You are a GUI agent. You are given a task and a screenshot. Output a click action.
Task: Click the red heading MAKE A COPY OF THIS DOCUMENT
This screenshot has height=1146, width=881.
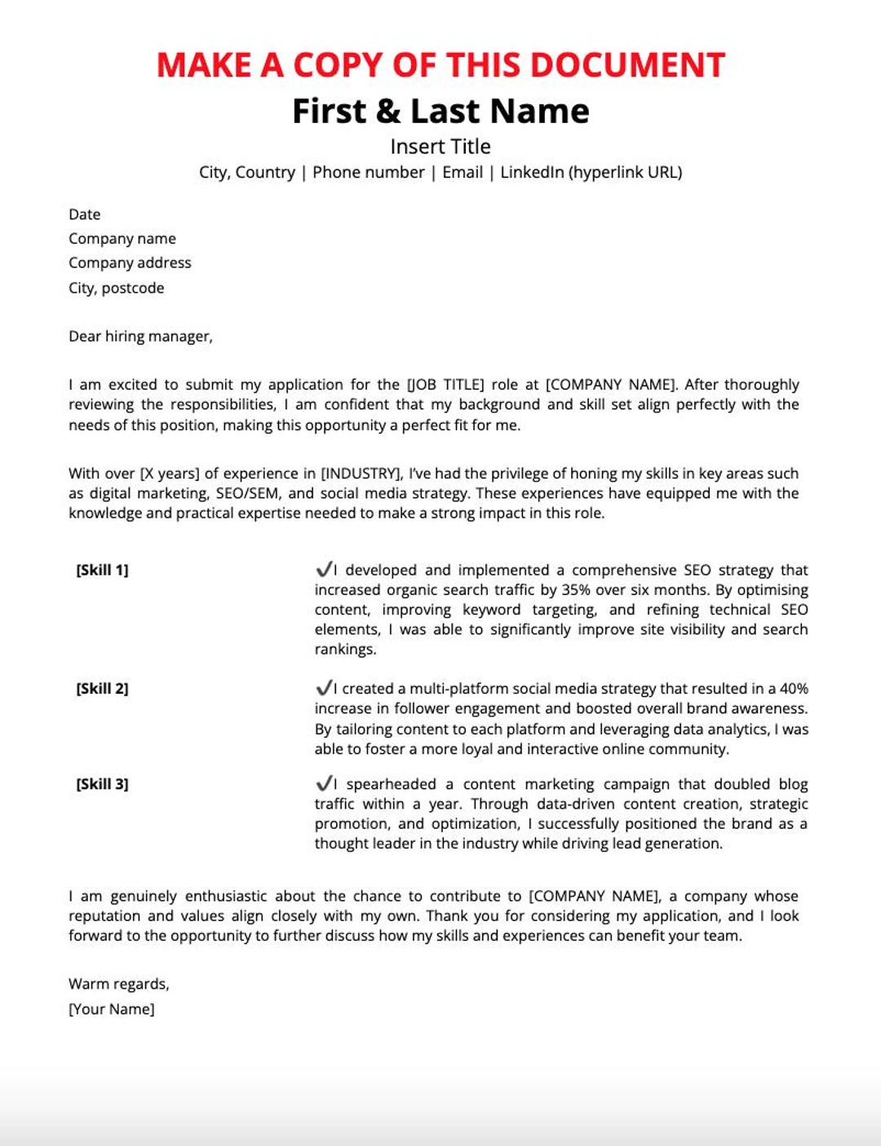[x=440, y=65]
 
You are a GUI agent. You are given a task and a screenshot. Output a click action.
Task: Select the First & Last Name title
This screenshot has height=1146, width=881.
[x=440, y=111]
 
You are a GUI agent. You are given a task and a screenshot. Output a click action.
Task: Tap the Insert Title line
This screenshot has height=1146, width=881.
[x=440, y=147]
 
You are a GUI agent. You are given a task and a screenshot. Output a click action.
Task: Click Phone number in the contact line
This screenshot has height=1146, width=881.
[x=368, y=172]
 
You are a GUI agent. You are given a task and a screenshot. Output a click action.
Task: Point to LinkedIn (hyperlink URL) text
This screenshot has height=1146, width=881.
[x=591, y=172]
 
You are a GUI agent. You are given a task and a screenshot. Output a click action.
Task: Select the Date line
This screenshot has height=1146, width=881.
[x=85, y=214]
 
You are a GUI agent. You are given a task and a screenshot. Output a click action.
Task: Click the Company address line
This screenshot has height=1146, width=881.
[x=130, y=262]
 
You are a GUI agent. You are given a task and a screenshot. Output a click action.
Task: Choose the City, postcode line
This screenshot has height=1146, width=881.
[x=116, y=288]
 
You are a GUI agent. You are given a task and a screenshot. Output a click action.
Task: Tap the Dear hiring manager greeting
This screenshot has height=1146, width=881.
[x=140, y=336]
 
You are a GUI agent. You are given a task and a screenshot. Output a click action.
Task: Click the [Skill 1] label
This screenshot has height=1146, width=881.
[x=102, y=570]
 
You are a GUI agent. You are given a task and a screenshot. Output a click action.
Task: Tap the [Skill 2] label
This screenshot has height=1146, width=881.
[x=102, y=688]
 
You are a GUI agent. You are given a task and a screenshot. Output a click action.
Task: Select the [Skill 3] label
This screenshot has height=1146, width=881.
[x=102, y=784]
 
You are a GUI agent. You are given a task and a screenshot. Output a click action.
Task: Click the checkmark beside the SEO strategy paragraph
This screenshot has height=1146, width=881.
[x=324, y=569]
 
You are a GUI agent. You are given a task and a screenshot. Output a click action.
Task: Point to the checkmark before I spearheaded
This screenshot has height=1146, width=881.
[x=324, y=783]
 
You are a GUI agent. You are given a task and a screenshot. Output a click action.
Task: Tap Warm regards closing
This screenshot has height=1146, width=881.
[x=119, y=984]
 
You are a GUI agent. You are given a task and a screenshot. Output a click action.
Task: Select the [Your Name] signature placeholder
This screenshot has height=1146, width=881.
[x=111, y=1009]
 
